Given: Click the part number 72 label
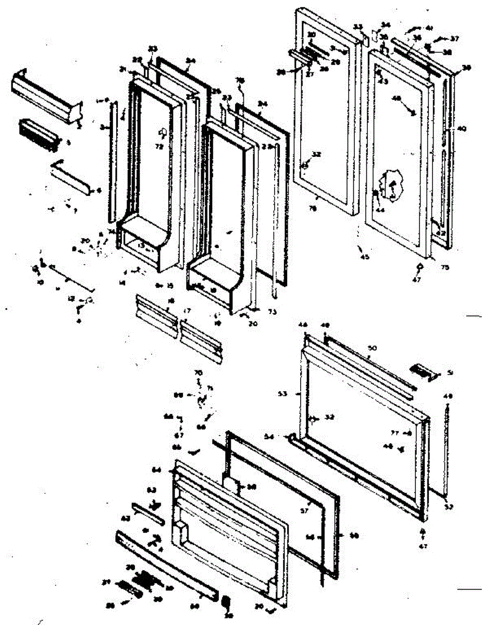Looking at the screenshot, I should click(x=159, y=147).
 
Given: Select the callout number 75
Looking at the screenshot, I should click(x=444, y=268).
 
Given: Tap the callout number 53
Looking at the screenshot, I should click(x=296, y=394).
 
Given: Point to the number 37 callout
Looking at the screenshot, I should click(x=455, y=39).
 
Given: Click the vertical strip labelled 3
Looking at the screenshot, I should click(x=112, y=161).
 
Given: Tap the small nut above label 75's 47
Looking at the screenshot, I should click(x=419, y=266).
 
